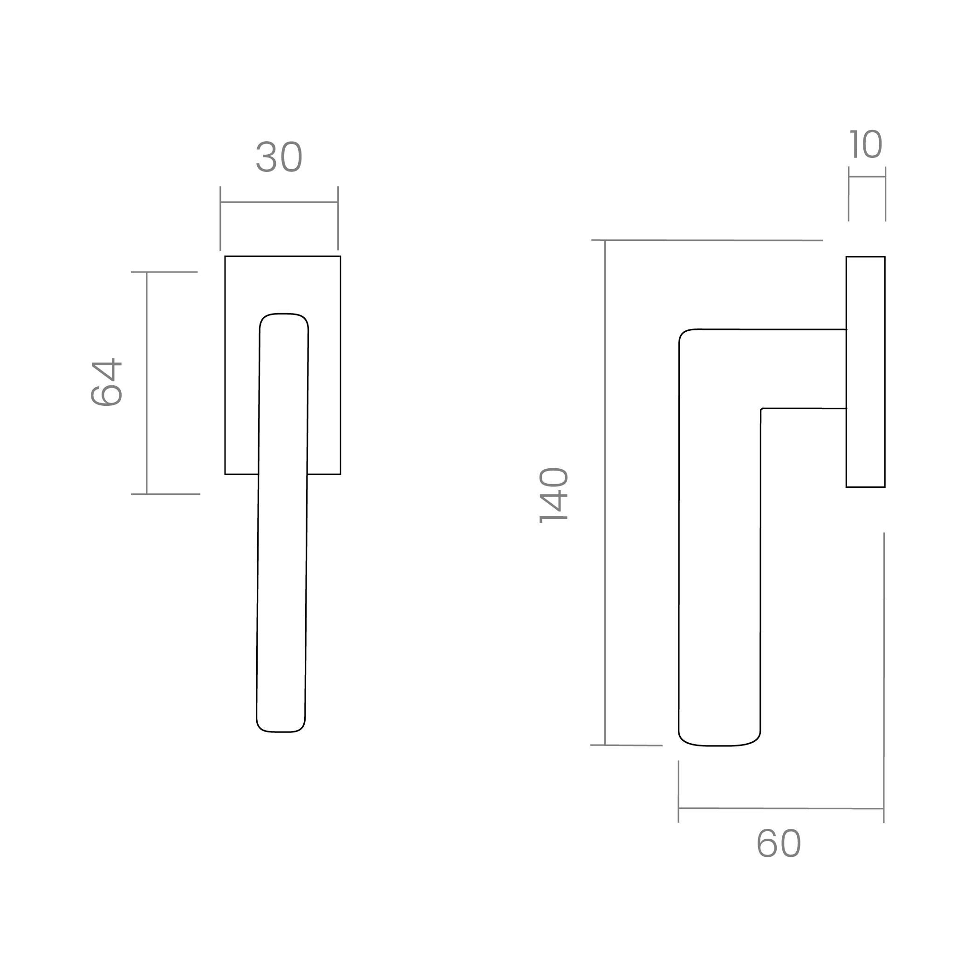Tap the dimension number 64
tap(107, 382)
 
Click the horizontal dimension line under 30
tap(279, 202)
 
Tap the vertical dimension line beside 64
tap(147, 383)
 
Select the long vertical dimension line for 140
tap(605, 492)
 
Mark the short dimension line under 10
tap(867, 177)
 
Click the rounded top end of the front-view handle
tap(284, 314)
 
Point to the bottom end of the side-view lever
tap(719, 745)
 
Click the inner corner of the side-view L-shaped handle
tap(761, 409)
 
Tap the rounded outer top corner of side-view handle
tap(684, 333)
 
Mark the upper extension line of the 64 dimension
tap(164, 272)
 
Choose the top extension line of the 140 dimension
tap(707, 240)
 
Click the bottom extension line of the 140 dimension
tap(627, 745)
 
